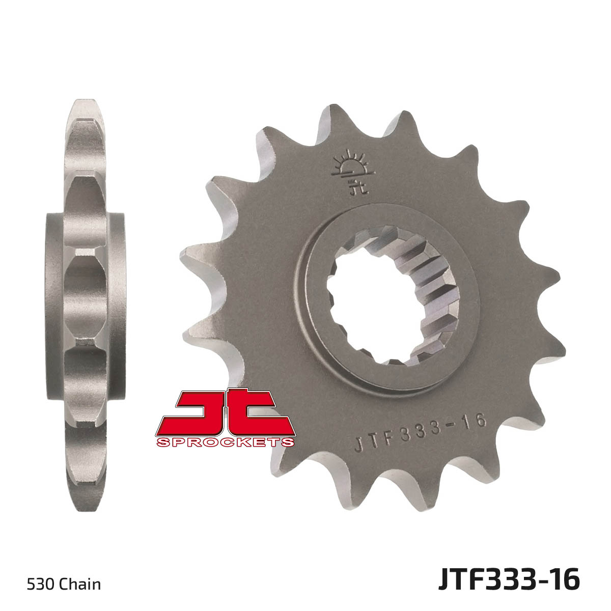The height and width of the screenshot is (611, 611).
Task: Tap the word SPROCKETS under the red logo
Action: pos(225,442)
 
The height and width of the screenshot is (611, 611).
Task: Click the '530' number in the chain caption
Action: pos(41,575)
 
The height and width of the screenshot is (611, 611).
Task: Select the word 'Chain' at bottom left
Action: pos(80,575)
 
